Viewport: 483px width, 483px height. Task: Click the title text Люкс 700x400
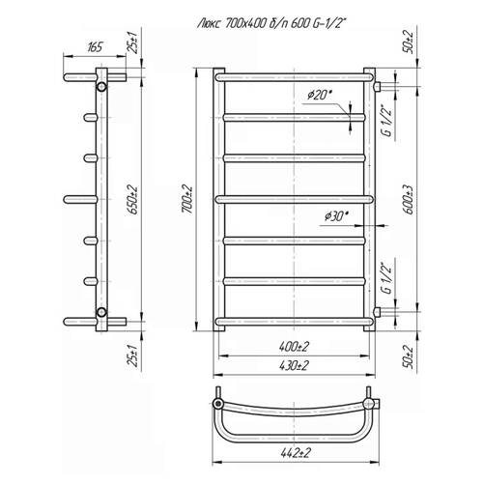click(231, 23)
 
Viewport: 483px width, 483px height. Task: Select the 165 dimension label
click(95, 47)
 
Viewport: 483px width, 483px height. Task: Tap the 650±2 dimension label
click(133, 200)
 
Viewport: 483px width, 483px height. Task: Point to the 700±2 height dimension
click(186, 199)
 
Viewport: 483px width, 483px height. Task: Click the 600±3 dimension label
click(409, 200)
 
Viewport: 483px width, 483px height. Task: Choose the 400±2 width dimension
click(294, 347)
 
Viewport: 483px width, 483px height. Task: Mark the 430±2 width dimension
click(294, 365)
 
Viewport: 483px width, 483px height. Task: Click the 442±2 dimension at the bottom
click(296, 453)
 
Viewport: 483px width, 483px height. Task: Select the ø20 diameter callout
click(319, 95)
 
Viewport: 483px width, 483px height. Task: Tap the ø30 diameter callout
click(337, 216)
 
